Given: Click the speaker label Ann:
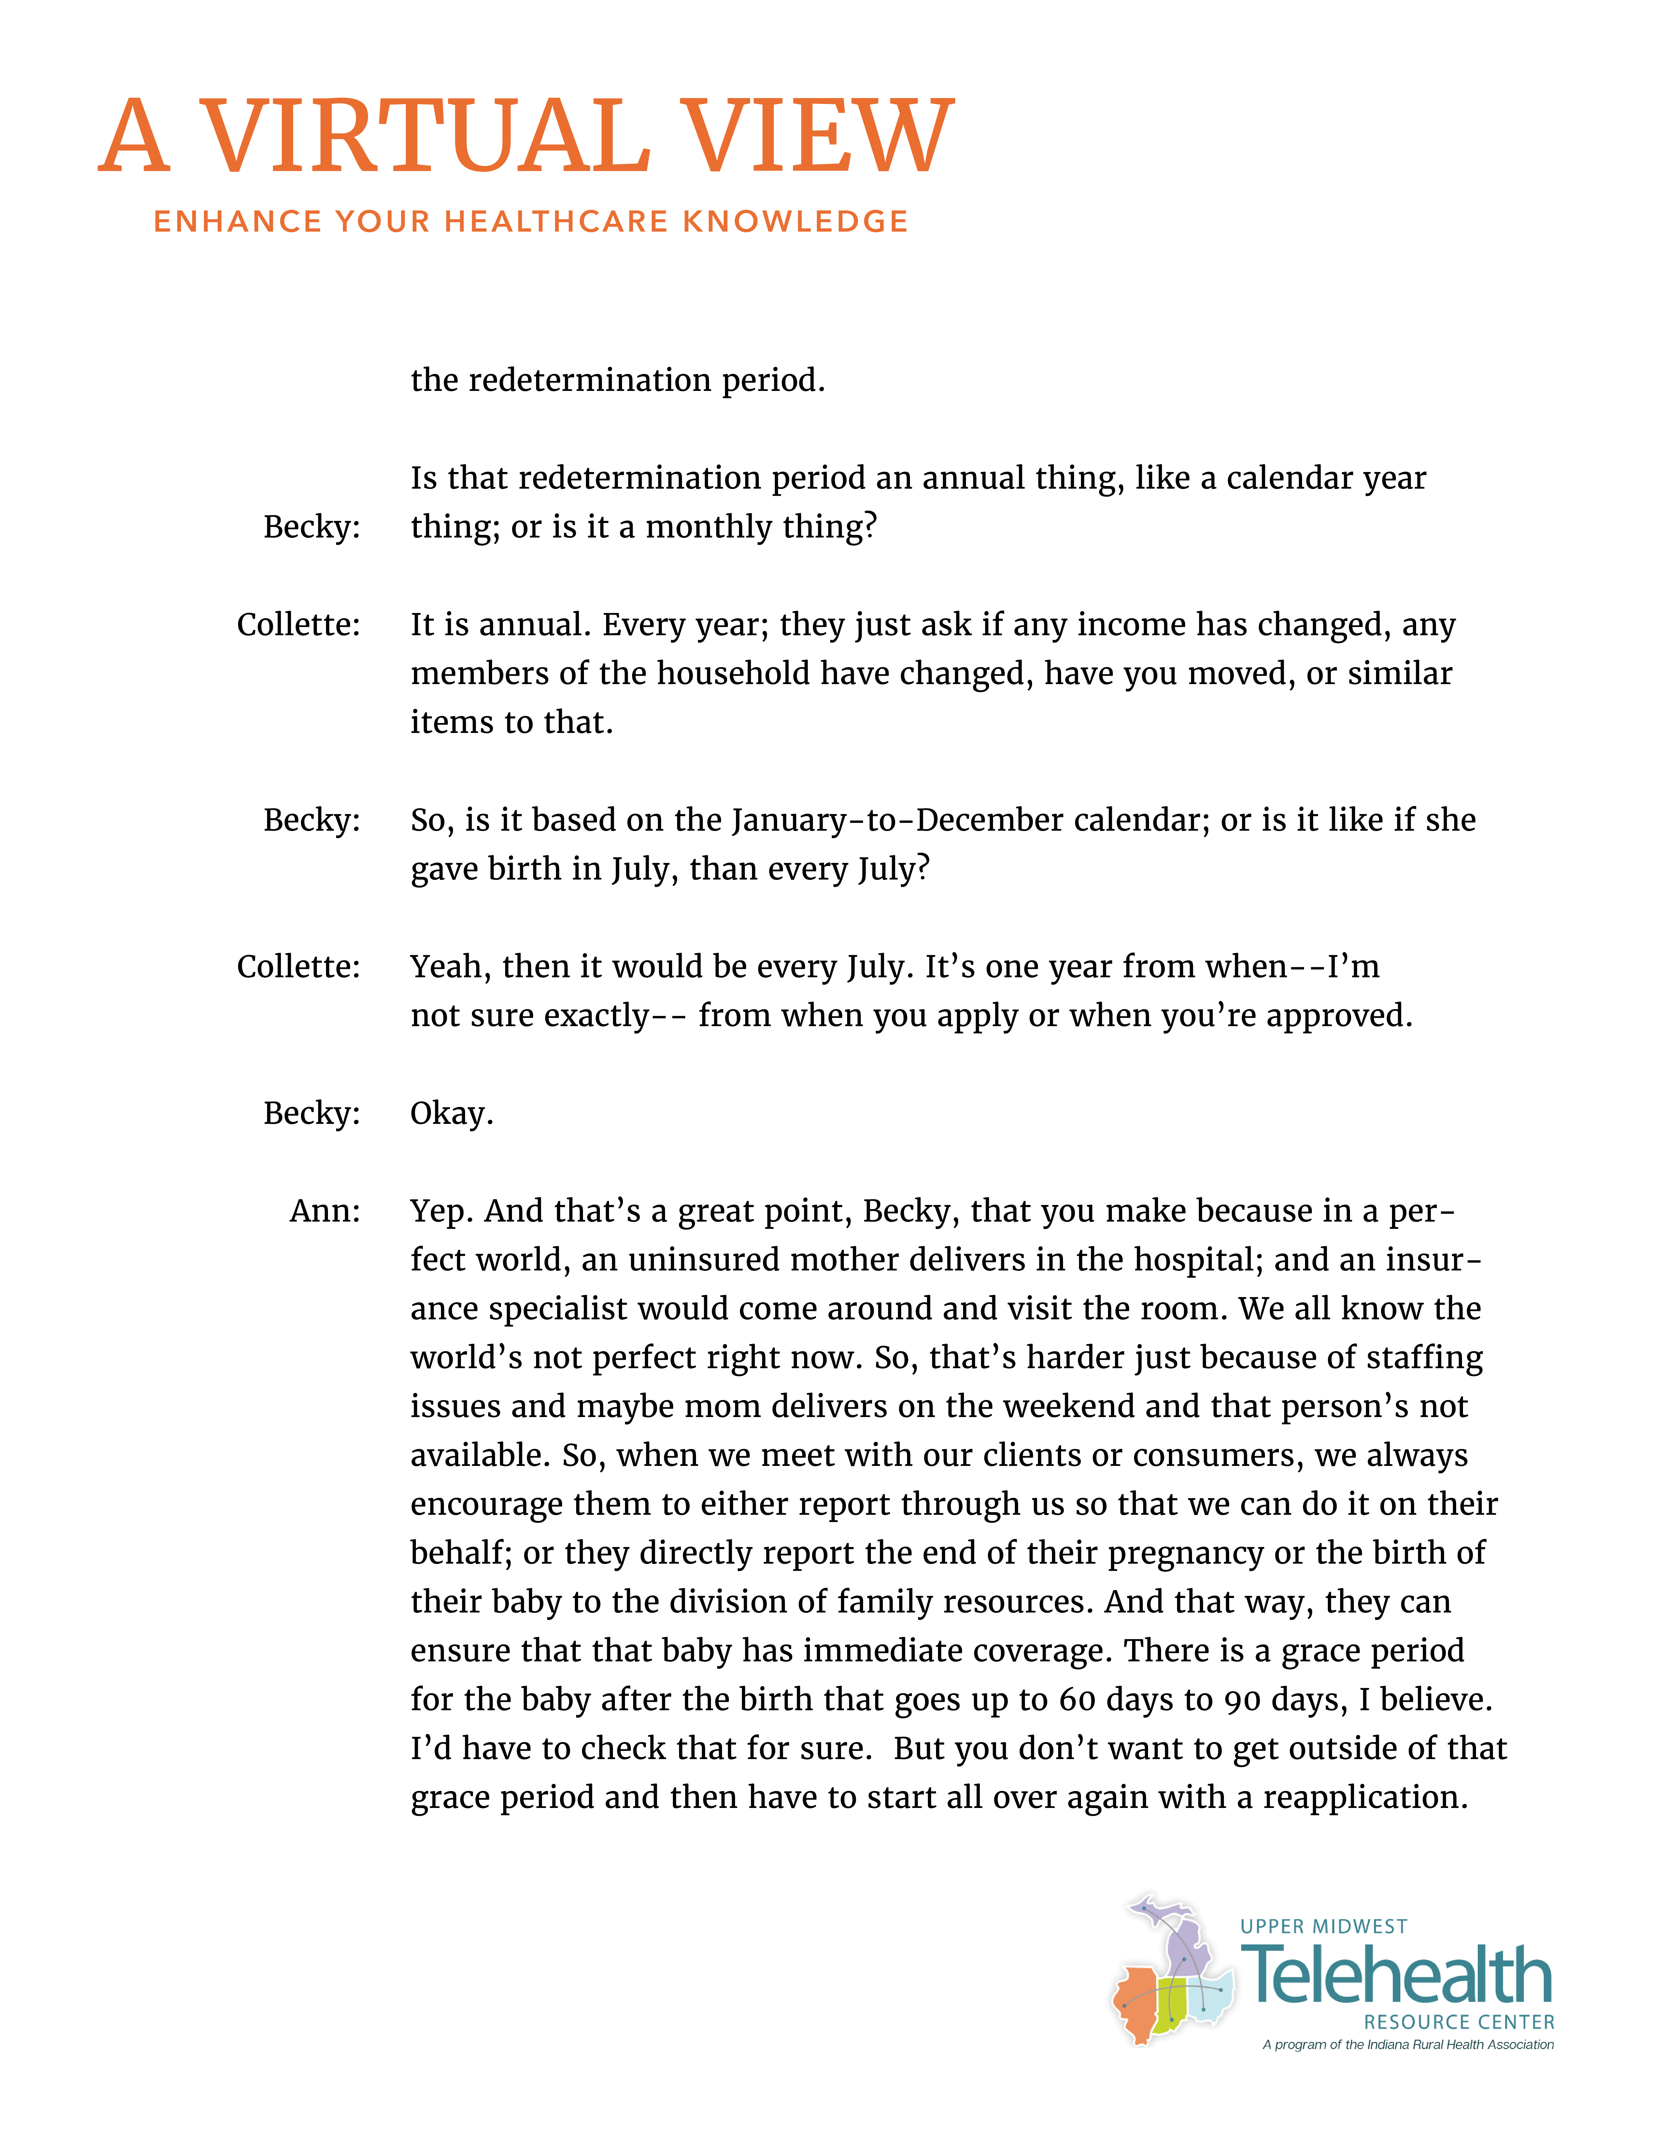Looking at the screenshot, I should pos(325,1211).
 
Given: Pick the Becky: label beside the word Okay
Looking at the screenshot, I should pos(311,1113).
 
